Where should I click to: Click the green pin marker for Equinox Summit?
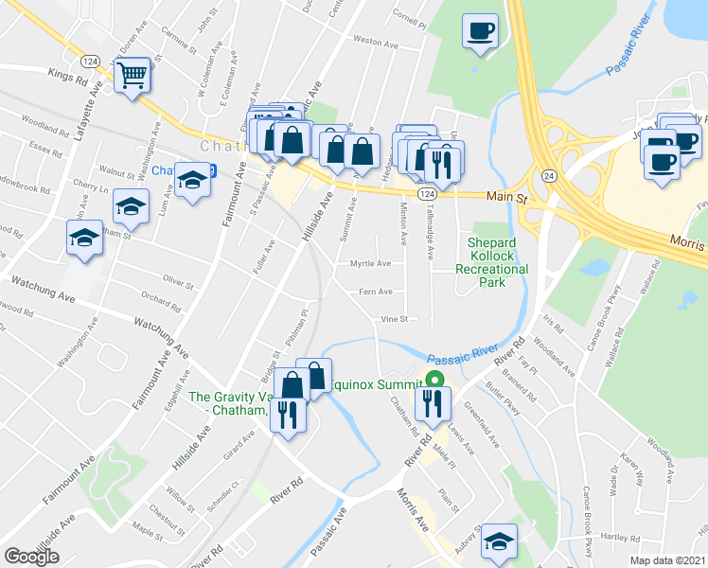(x=434, y=382)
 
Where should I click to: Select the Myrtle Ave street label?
(x=370, y=264)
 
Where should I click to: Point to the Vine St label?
(x=393, y=319)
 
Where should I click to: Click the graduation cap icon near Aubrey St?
(x=498, y=541)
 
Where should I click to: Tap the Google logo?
(x=31, y=557)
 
